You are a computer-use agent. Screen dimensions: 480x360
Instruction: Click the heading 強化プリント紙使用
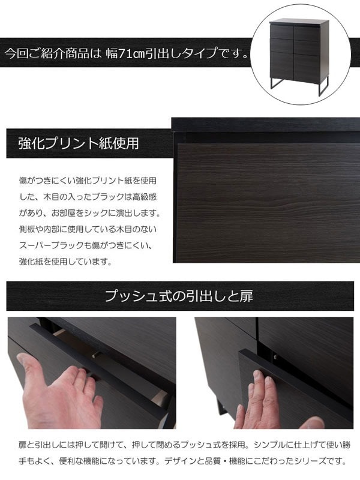79,144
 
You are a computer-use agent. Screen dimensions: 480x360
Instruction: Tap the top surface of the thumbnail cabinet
299,23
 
